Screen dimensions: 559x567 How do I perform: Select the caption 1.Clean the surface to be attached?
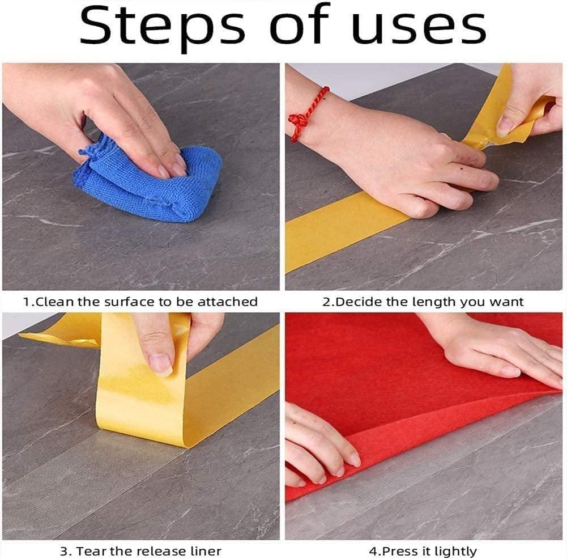(140, 302)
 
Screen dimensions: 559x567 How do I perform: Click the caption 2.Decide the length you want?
(423, 302)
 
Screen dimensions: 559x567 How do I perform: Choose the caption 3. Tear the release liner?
(140, 550)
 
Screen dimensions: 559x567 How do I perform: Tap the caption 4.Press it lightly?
(423, 550)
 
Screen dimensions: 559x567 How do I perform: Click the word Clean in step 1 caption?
(55, 302)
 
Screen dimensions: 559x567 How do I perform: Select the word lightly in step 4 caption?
(457, 550)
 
